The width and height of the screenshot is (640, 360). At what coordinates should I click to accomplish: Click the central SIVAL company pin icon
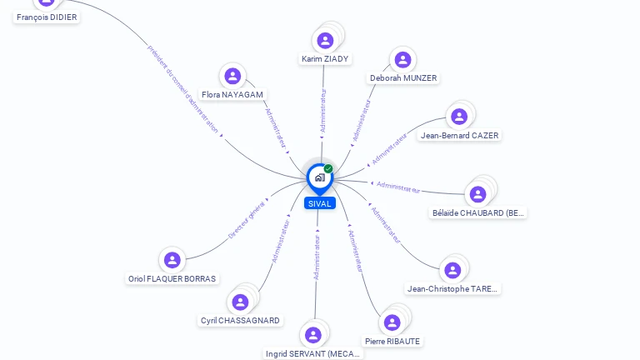319,177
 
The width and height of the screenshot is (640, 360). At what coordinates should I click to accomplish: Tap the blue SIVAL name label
319,203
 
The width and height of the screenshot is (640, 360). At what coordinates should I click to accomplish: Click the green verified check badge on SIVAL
328,169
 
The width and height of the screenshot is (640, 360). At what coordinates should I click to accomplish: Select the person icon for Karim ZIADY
325,41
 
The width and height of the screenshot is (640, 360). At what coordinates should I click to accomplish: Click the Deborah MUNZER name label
403,78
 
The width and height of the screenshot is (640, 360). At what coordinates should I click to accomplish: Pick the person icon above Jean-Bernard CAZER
457,117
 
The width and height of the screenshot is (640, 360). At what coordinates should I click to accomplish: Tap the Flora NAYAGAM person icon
232,77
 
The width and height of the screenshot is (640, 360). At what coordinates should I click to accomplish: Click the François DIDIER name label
47,17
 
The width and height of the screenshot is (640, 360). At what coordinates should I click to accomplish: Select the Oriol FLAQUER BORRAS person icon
172,260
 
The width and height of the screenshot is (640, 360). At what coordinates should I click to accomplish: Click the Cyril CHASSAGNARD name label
240,320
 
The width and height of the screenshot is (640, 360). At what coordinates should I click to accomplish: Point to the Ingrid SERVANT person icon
313,335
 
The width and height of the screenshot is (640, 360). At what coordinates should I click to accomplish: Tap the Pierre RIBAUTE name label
392,341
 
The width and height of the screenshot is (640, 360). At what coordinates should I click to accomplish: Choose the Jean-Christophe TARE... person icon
452,270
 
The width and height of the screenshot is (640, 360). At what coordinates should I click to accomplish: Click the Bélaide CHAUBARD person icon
477,194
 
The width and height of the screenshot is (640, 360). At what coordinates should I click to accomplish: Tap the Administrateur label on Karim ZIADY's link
323,112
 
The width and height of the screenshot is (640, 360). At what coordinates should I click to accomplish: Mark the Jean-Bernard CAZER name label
460,135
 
